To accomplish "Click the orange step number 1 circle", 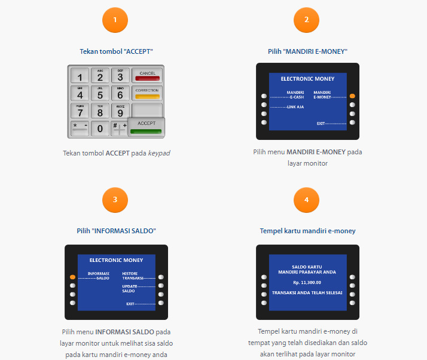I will point(115,20).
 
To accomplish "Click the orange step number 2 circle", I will point(307,20).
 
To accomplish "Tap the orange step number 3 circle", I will point(115,200).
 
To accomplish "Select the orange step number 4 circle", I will point(307,200).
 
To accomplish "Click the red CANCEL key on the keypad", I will point(147,75).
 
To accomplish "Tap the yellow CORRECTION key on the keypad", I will point(147,93).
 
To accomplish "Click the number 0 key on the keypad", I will point(100,128).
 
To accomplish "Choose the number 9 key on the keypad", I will point(120,111).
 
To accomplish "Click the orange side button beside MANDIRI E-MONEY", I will point(352,96).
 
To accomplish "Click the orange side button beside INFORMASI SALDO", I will point(72,277).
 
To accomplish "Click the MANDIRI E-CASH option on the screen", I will point(295,94).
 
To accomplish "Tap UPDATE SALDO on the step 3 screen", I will point(130,288).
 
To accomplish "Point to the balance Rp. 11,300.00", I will point(307,282).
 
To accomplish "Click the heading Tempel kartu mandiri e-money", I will point(307,231).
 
